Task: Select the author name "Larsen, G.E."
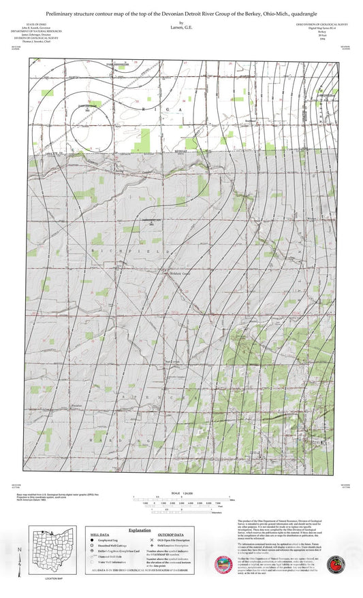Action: (x=181, y=29)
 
